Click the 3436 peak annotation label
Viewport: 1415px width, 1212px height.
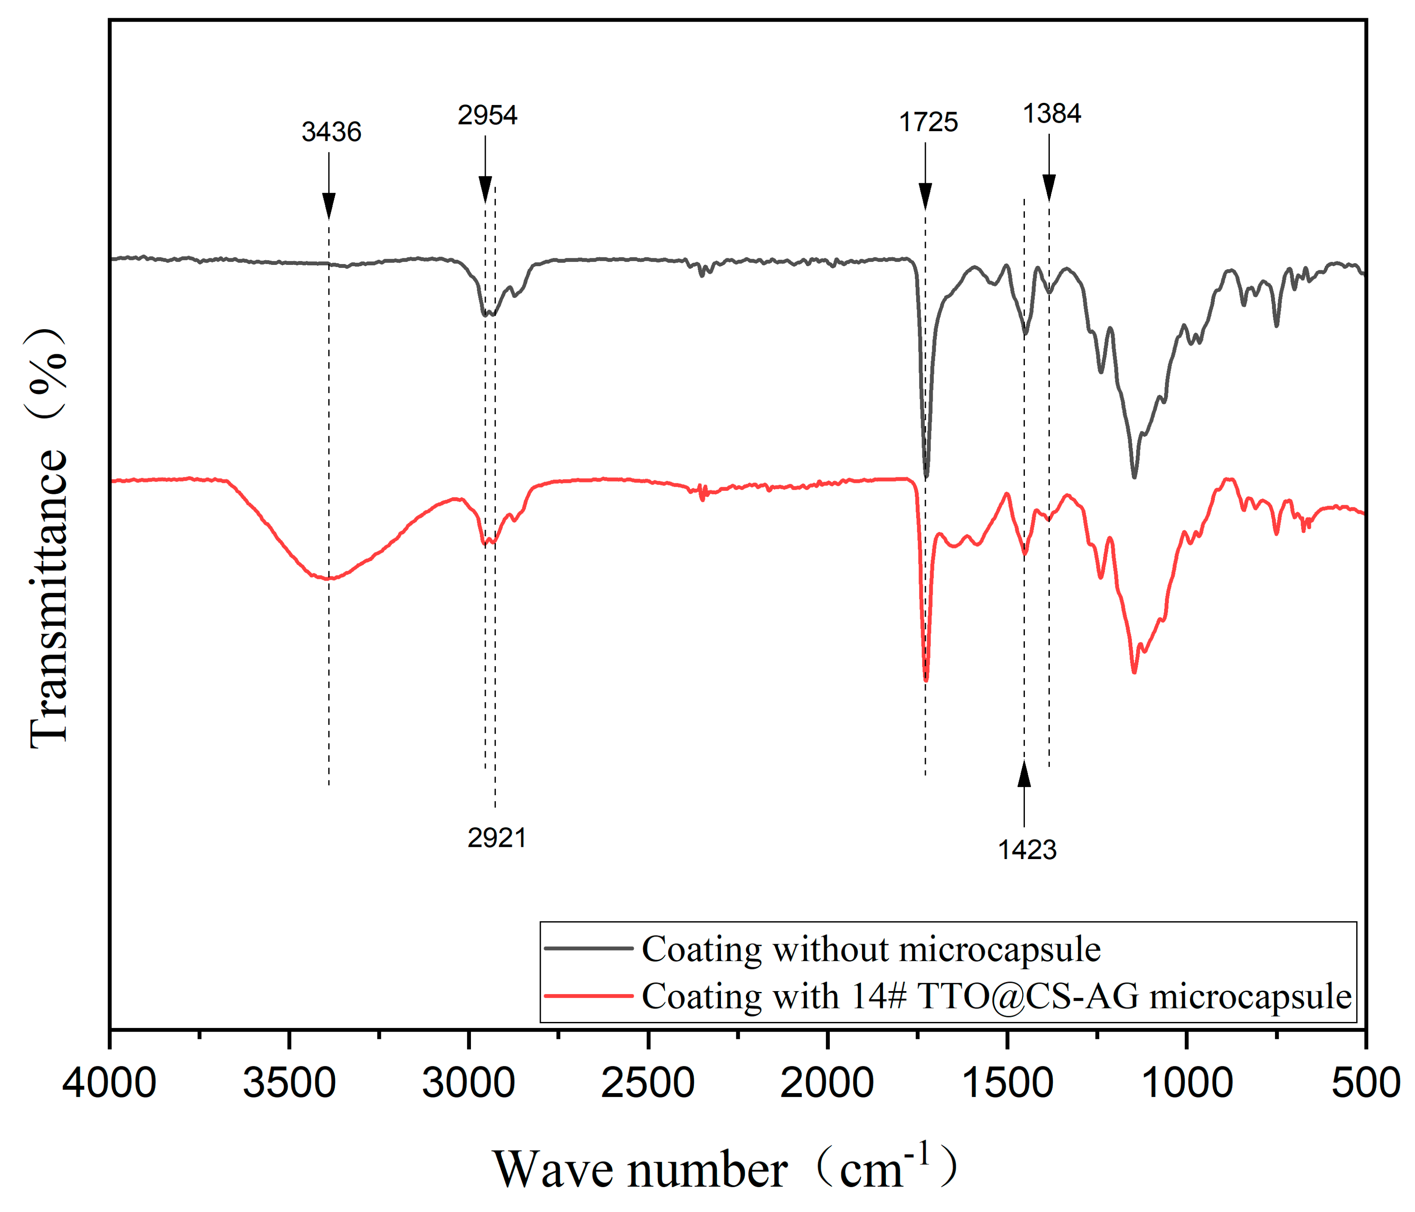[331, 132]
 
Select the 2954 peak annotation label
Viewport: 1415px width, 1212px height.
[487, 115]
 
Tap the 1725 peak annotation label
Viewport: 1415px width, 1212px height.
[928, 122]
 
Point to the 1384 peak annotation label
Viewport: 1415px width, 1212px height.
[1051, 113]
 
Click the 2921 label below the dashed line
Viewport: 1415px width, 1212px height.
[496, 838]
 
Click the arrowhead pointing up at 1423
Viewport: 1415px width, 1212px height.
[1024, 775]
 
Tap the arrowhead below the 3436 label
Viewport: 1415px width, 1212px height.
[328, 205]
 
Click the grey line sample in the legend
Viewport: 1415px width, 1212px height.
[589, 948]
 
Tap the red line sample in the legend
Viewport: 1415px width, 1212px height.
[589, 996]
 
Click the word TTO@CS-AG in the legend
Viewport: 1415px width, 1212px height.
[1028, 996]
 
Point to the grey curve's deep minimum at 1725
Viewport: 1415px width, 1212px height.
[926, 476]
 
